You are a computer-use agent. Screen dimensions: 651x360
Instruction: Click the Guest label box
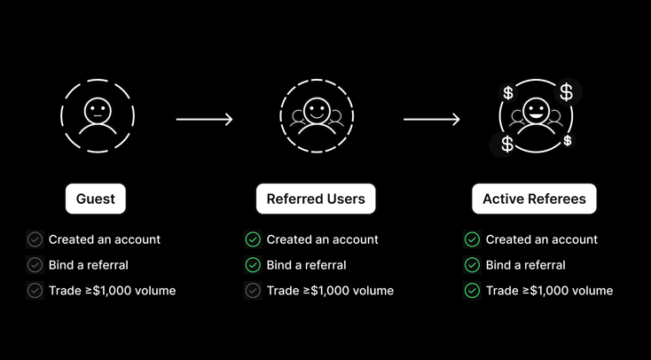[x=96, y=199]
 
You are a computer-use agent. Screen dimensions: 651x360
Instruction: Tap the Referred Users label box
[x=316, y=199]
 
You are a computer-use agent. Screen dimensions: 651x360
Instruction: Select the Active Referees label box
[x=534, y=199]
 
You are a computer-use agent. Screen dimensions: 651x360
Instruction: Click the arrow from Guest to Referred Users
[x=204, y=120]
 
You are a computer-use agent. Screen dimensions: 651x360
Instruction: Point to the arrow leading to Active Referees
[x=432, y=120]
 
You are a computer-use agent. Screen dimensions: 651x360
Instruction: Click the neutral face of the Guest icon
[x=98, y=111]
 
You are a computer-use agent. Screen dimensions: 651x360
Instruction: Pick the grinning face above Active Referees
[x=536, y=111]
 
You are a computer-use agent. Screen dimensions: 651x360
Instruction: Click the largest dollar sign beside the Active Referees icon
[x=567, y=92]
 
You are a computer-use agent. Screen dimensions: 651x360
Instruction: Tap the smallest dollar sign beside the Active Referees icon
[x=568, y=141]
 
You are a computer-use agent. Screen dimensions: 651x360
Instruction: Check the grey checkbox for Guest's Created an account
[x=35, y=239]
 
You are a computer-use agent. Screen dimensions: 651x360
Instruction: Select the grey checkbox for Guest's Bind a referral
[x=35, y=265]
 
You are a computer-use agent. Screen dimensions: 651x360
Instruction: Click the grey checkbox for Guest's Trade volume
[x=35, y=291]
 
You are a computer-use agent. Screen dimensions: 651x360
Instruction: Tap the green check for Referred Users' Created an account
[x=253, y=239]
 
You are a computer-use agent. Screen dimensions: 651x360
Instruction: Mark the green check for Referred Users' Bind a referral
[x=253, y=265]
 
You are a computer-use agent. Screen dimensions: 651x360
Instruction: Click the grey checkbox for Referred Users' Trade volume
[x=253, y=291]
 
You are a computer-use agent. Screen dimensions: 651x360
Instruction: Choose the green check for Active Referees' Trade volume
[x=472, y=291]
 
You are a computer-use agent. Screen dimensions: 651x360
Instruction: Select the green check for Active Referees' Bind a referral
[x=472, y=265]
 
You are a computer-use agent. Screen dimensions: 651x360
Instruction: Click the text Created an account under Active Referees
[x=542, y=239]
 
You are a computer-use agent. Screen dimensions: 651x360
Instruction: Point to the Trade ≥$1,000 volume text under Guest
[x=112, y=291]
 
